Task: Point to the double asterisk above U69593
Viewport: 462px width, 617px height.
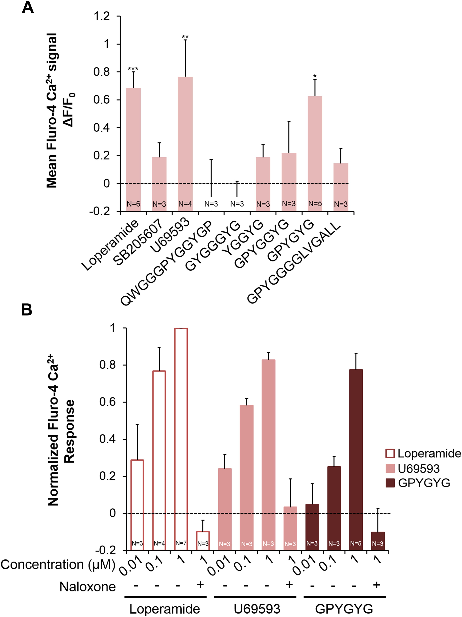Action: pyautogui.click(x=185, y=37)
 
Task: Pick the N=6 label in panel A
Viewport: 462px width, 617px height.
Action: pyautogui.click(x=133, y=204)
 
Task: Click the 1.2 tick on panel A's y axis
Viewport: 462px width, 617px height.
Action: pyautogui.click(x=102, y=16)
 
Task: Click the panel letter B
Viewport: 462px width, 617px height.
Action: pyautogui.click(x=27, y=310)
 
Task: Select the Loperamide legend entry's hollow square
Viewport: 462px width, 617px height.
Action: pyautogui.click(x=390, y=453)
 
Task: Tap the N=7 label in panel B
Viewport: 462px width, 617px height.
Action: pyautogui.click(x=181, y=543)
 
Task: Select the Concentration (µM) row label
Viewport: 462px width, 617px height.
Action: pyautogui.click(x=58, y=565)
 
